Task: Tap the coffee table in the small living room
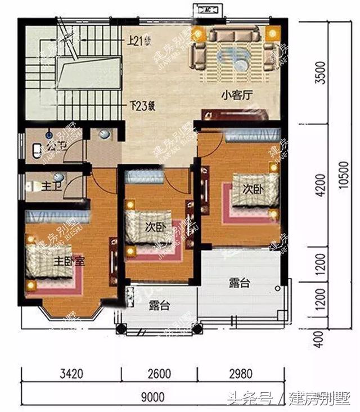(x=235, y=56)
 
